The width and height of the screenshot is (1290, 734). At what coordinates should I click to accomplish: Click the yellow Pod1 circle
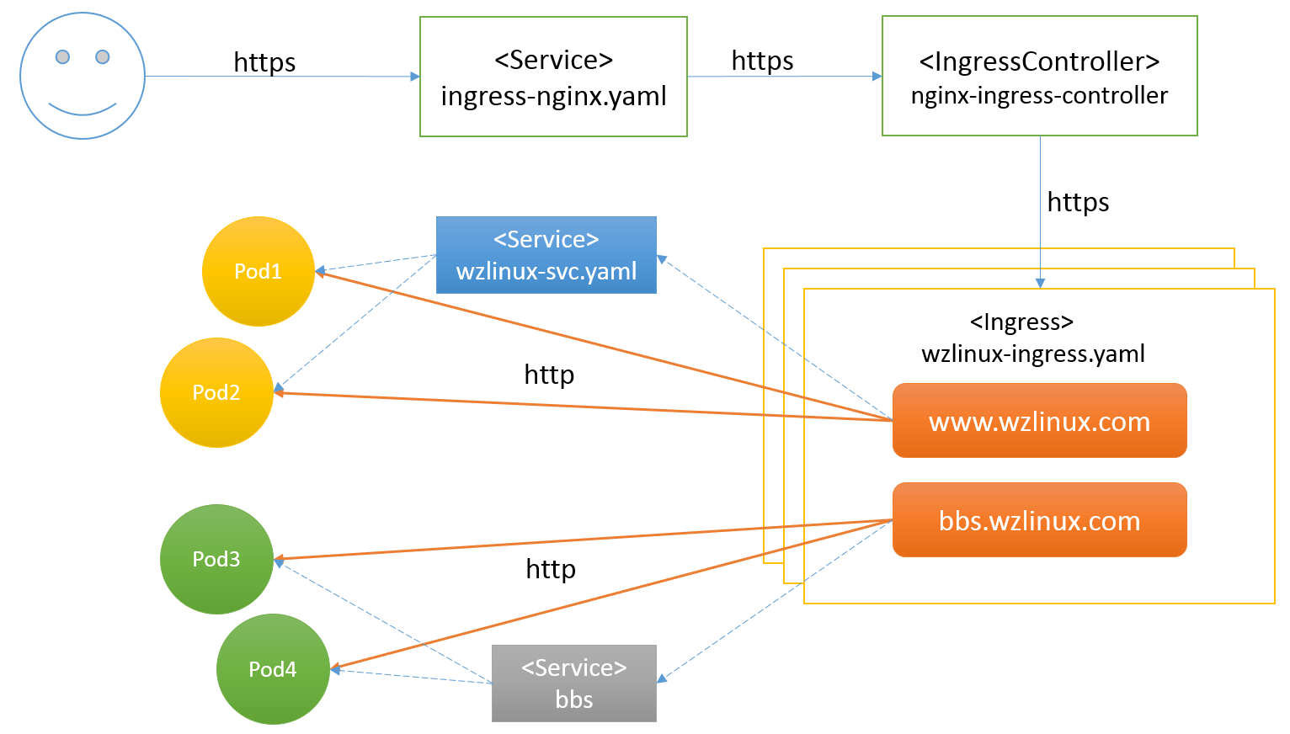pos(258,271)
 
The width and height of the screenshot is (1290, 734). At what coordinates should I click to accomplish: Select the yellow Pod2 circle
pos(216,392)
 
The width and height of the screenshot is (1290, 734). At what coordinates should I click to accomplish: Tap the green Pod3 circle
pos(216,559)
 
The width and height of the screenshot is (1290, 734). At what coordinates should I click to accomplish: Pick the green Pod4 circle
pos(273,669)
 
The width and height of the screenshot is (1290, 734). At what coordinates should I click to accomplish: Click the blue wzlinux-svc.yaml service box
pos(546,255)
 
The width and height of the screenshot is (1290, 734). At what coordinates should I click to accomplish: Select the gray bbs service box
pos(573,683)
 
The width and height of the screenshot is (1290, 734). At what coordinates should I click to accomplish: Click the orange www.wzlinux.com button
pos(1039,421)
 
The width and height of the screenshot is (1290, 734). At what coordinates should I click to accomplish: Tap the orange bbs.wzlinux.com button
pos(1039,520)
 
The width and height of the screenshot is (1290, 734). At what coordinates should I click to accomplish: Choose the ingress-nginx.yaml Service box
pos(553,77)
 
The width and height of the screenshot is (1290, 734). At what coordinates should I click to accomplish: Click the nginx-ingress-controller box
pos(1039,77)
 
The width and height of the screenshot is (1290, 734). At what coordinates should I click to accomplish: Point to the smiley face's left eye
pos(62,56)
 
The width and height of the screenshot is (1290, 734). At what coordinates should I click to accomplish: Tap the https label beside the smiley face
pos(264,62)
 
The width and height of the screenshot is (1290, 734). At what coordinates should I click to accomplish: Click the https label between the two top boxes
pos(762,61)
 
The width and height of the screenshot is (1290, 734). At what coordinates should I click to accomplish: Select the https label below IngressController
pos(1078,202)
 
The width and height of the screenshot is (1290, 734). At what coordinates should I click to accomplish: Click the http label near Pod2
pos(549,375)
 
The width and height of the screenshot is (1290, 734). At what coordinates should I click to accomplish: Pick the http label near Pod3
pos(551,569)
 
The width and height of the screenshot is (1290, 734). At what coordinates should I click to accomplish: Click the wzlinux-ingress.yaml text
pos(1033,354)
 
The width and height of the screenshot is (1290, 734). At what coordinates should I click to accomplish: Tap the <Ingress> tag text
pos(1021,322)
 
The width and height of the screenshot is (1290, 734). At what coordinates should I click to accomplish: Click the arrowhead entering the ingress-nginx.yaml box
pos(415,77)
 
